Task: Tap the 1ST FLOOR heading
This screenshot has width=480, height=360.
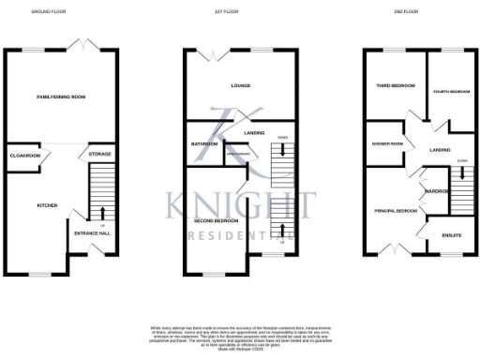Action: (238, 11)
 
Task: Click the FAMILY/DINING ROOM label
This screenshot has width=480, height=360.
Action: (61, 97)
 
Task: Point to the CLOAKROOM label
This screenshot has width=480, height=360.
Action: (23, 155)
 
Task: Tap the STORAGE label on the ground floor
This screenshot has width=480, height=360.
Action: (99, 154)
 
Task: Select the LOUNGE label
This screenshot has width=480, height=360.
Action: (240, 85)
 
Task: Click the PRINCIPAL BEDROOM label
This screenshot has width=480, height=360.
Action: (395, 211)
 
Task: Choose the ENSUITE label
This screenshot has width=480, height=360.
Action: (451, 234)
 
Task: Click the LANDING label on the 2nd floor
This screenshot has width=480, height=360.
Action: (440, 150)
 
